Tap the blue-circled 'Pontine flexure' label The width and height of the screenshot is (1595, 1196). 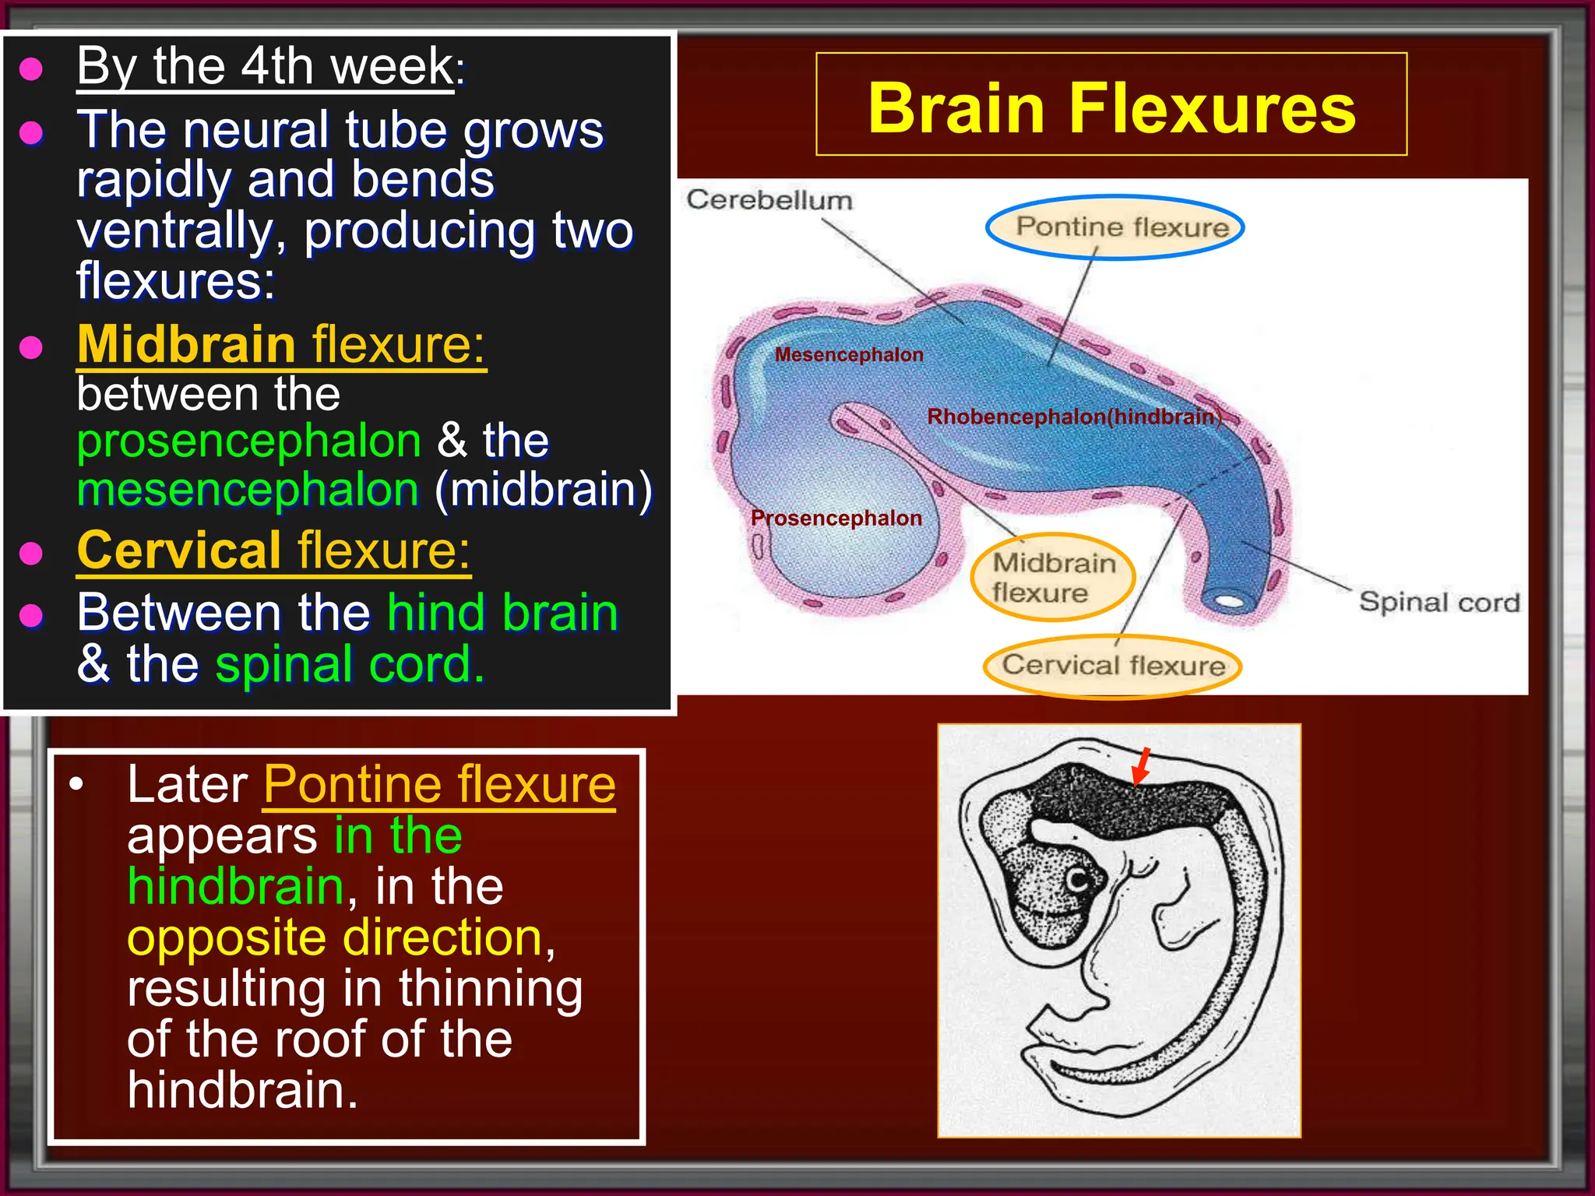pyautogui.click(x=1115, y=227)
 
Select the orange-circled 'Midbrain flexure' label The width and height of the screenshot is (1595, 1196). pyautogui.click(x=1053, y=578)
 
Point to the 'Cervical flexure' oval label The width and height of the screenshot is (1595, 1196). pyautogui.click(x=1112, y=666)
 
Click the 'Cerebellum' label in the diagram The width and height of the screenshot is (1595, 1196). pyautogui.click(x=769, y=200)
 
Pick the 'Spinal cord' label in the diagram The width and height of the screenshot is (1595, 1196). pyautogui.click(x=1439, y=603)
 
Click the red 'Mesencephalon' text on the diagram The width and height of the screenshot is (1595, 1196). pyautogui.click(x=849, y=355)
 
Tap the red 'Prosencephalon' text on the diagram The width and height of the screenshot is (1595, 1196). pyautogui.click(x=836, y=519)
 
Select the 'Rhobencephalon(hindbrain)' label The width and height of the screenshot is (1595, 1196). pyautogui.click(x=1073, y=417)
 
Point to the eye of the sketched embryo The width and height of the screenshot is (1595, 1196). pyautogui.click(x=1079, y=881)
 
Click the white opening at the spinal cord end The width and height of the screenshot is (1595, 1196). pyautogui.click(x=1229, y=602)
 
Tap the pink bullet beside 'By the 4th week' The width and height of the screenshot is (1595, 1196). pyautogui.click(x=31, y=69)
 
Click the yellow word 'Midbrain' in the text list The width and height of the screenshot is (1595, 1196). pyautogui.click(x=186, y=344)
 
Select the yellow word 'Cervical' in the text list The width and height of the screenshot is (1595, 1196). pyautogui.click(x=178, y=551)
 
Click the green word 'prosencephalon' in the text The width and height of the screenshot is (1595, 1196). pyautogui.click(x=249, y=441)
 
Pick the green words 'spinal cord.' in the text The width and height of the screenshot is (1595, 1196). pyautogui.click(x=350, y=665)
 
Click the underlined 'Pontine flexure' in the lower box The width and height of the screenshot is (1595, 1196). pyautogui.click(x=439, y=785)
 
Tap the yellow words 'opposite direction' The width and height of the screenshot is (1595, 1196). pyautogui.click(x=336, y=937)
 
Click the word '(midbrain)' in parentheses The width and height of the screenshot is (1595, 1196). pyautogui.click(x=544, y=491)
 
